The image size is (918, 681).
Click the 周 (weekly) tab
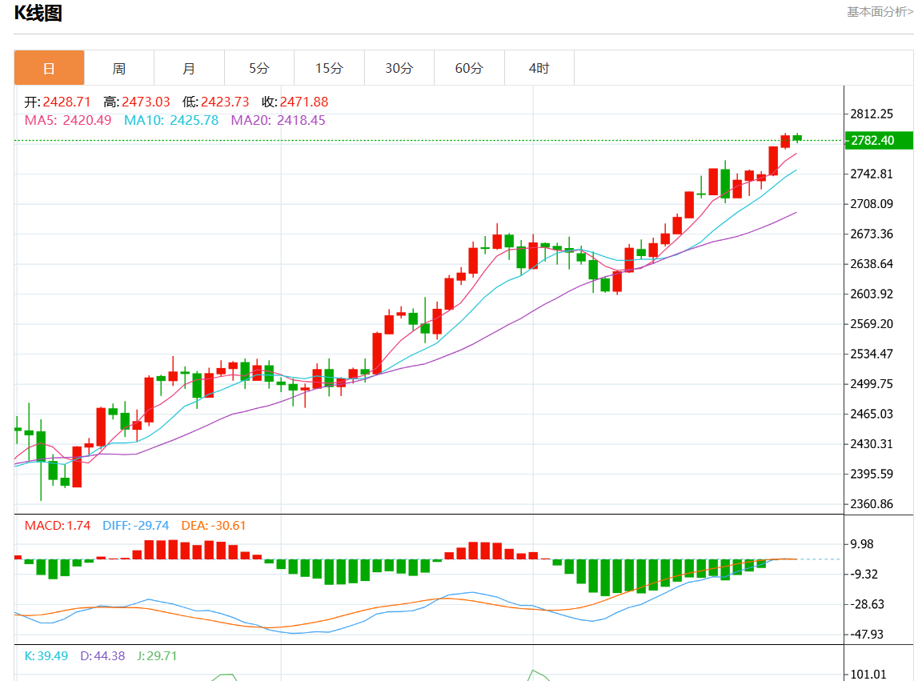click(x=119, y=68)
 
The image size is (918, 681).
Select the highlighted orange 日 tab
click(x=49, y=68)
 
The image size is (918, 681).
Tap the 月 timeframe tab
click(x=189, y=68)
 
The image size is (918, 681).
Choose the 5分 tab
click(x=259, y=68)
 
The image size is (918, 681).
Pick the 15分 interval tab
click(x=329, y=68)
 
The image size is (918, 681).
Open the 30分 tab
click(x=399, y=68)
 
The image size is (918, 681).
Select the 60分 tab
click(x=469, y=68)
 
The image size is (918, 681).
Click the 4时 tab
click(x=539, y=68)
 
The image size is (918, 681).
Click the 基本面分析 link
click(x=877, y=12)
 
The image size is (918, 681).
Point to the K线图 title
click(x=38, y=14)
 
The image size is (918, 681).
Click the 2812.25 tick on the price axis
click(x=872, y=114)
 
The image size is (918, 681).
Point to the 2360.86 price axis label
click(x=872, y=504)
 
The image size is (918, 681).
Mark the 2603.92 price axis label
click(x=872, y=294)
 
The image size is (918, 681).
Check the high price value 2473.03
click(x=146, y=102)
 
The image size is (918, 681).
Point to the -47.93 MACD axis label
click(x=867, y=635)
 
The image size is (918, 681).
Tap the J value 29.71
click(x=158, y=656)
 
